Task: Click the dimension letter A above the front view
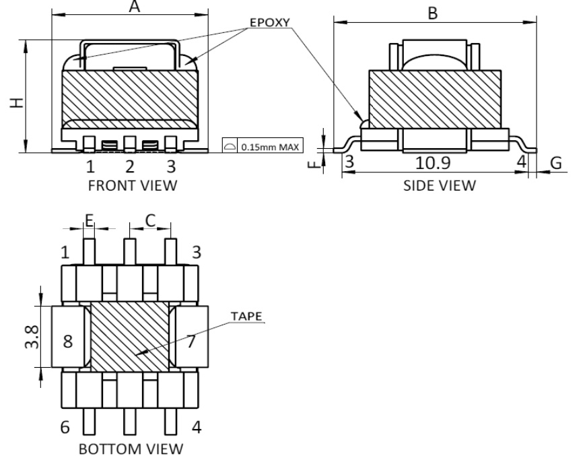(135, 7)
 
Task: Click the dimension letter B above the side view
(434, 13)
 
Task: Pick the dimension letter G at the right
(555, 163)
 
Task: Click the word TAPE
(246, 316)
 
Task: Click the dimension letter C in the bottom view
(150, 219)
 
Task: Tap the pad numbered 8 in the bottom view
(67, 341)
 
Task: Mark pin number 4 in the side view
(521, 162)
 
